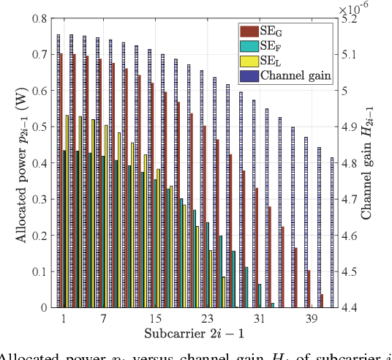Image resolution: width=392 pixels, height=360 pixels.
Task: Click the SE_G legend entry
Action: [x=282, y=30]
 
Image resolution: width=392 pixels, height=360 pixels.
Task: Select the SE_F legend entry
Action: [x=282, y=45]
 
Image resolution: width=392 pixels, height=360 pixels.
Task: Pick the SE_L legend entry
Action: [x=282, y=59]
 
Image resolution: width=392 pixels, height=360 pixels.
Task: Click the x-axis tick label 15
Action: [x=155, y=320]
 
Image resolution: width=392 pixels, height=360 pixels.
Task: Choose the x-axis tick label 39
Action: [x=310, y=320]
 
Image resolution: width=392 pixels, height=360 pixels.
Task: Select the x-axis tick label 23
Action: [x=207, y=320]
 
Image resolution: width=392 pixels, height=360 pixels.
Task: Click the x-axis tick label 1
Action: [x=64, y=320]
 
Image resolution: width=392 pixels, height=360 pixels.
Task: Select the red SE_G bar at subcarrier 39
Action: [x=309, y=288]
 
